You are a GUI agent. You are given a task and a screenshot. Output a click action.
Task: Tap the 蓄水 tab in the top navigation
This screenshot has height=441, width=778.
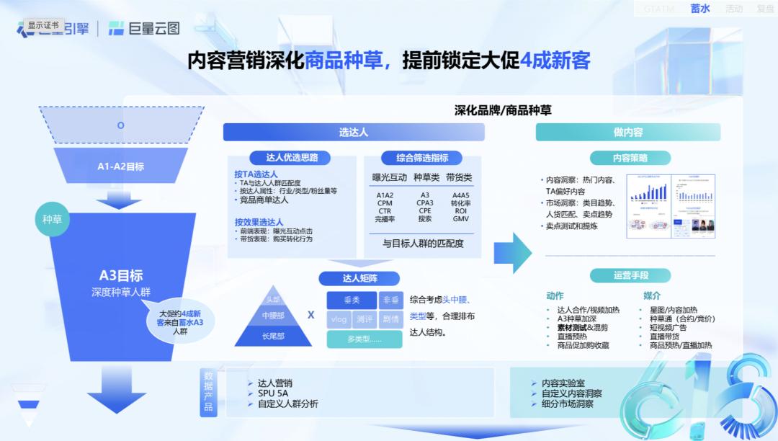click(x=699, y=9)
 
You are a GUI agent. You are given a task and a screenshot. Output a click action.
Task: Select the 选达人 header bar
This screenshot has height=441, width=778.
click(x=354, y=132)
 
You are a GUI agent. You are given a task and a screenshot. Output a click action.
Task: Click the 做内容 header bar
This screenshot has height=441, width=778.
click(x=627, y=132)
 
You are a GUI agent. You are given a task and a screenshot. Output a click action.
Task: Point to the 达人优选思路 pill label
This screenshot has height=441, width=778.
click(x=283, y=157)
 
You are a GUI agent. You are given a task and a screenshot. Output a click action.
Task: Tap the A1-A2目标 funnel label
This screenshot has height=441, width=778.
click(x=121, y=166)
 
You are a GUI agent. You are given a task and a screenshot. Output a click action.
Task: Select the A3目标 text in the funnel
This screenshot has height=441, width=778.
click(x=121, y=275)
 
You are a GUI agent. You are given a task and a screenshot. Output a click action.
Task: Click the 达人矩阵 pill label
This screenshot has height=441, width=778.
click(x=359, y=278)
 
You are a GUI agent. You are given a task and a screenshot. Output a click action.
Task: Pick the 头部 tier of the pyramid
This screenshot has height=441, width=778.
click(x=272, y=299)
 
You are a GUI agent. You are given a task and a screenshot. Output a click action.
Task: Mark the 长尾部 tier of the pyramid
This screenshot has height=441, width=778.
click(x=273, y=336)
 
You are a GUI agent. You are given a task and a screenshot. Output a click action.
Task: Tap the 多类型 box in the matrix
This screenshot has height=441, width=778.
click(x=365, y=339)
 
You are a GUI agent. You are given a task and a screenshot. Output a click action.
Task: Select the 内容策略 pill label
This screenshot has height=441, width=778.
click(x=630, y=158)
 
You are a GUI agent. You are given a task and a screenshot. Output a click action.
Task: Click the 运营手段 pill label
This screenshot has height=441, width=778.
click(x=630, y=275)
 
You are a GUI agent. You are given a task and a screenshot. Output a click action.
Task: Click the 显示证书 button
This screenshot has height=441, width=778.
click(x=44, y=25)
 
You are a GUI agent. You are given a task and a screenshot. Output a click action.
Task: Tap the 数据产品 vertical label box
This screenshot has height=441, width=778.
click(x=208, y=392)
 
